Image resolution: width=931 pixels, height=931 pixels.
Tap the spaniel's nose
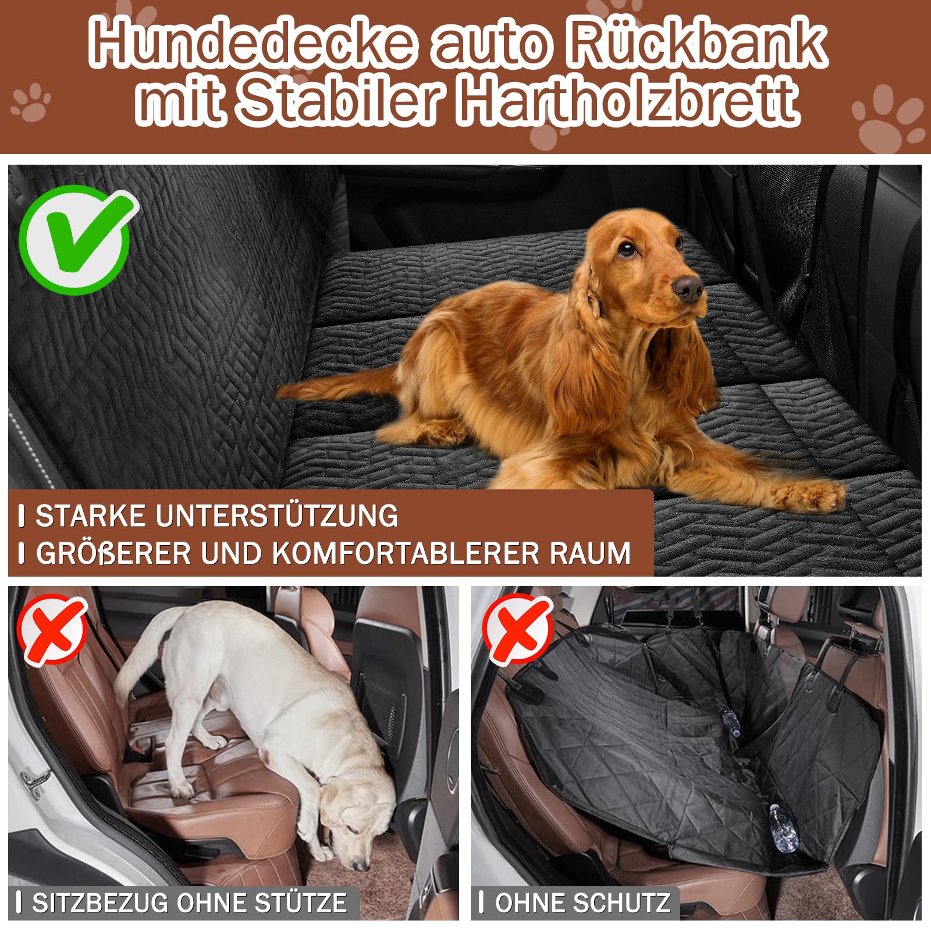[689, 288]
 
